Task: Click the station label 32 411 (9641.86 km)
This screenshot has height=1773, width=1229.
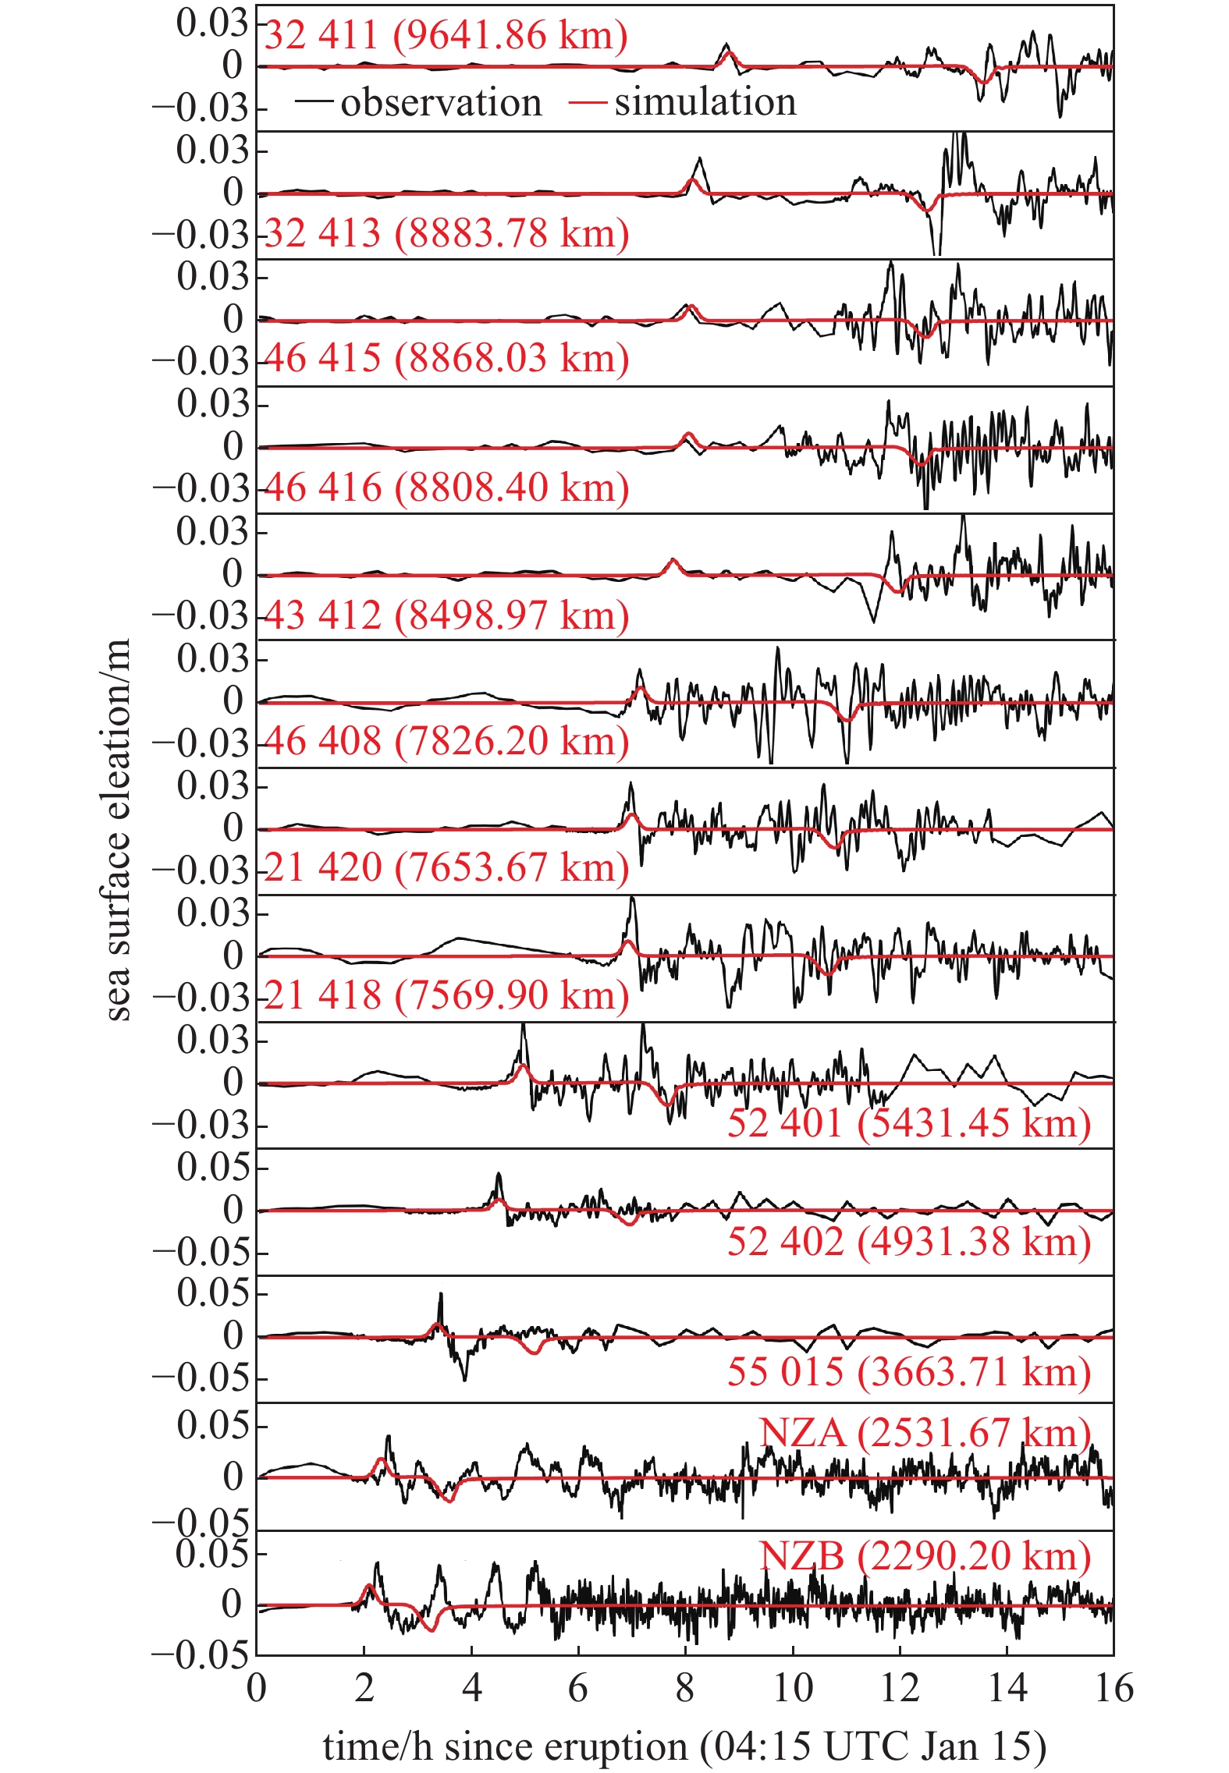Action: coord(446,35)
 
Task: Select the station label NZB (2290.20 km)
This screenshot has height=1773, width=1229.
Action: coord(925,1556)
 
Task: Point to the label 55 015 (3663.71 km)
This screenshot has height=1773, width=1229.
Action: coord(908,1371)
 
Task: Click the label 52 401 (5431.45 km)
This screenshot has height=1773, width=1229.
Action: coord(908,1123)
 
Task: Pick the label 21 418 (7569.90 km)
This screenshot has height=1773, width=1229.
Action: coord(446,995)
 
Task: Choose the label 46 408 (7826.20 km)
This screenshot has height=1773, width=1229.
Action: coord(446,741)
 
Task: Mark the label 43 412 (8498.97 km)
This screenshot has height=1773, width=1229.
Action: coord(446,615)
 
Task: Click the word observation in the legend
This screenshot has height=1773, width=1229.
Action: coord(441,102)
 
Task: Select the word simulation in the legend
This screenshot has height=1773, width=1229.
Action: coord(705,102)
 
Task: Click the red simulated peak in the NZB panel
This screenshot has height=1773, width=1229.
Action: coord(368,1586)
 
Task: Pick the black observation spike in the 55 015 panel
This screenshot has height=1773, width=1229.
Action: coord(441,1296)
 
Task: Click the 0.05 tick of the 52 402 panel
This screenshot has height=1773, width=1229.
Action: coord(212,1168)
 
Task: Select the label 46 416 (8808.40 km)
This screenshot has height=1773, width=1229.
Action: coord(446,488)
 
